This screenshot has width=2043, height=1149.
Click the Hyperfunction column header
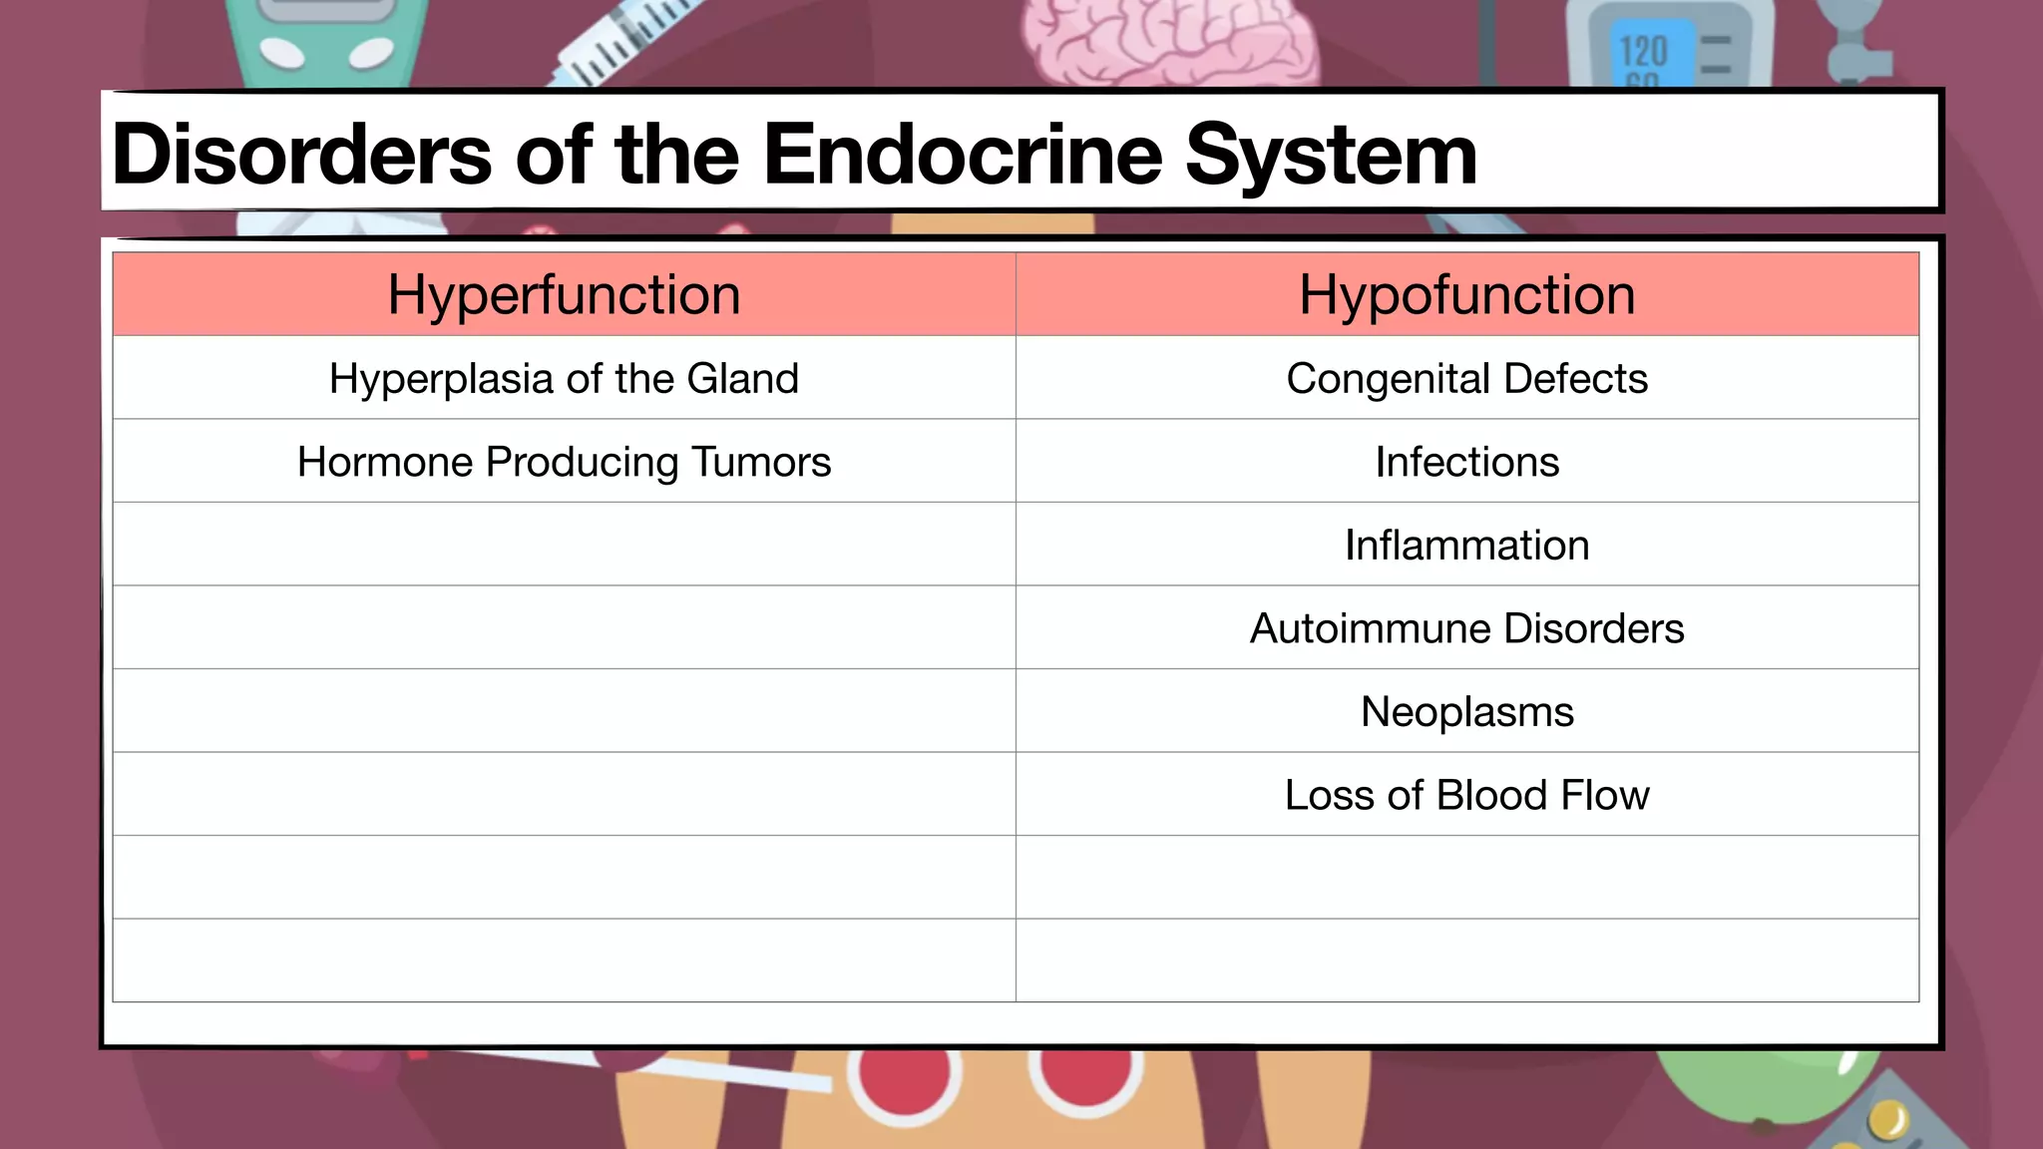[x=564, y=295]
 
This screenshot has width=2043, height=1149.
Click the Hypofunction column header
[x=1466, y=295]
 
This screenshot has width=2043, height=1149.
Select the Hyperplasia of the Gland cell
[x=564, y=379]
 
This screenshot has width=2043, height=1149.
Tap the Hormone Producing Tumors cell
[x=564, y=462]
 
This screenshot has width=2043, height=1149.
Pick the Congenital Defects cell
[x=1466, y=379]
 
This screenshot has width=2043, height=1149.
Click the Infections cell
[x=1466, y=462]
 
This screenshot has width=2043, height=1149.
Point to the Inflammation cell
[x=1466, y=546]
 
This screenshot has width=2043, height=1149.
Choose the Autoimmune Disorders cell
[x=1466, y=628]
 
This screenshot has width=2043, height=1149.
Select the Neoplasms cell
[x=1466, y=712]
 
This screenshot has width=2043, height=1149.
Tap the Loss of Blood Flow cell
[x=1466, y=795]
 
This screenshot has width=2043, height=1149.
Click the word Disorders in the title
[x=301, y=155]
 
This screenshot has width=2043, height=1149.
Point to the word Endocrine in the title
[x=963, y=155]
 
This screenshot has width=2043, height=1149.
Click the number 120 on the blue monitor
[x=1642, y=51]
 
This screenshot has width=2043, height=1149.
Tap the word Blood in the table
[x=1491, y=795]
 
